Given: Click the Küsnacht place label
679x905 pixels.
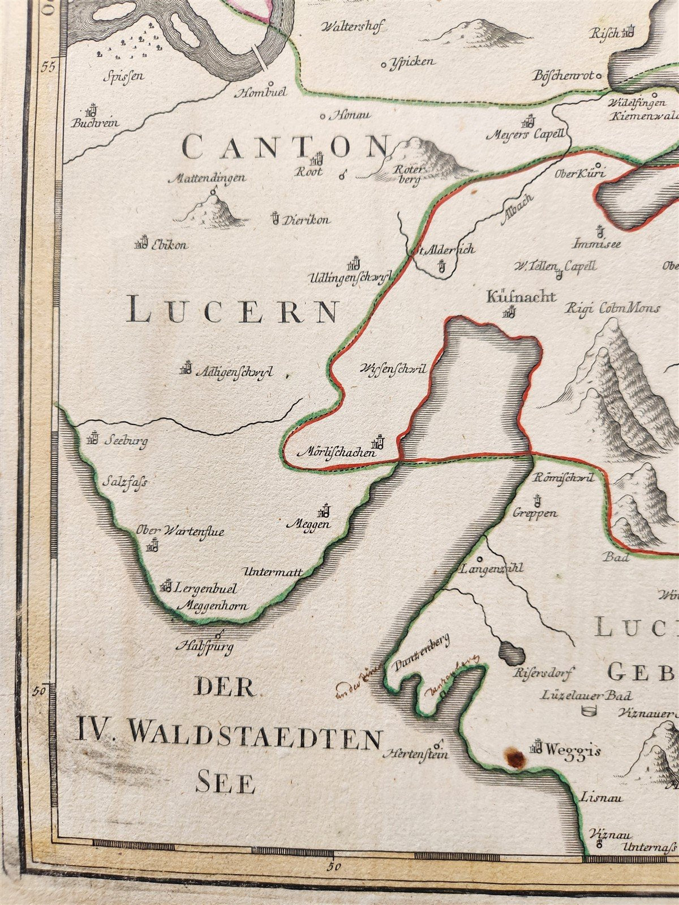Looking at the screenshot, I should [x=513, y=297].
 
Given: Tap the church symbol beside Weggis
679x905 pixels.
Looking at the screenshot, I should [x=535, y=748].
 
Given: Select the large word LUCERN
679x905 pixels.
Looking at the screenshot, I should [x=233, y=311].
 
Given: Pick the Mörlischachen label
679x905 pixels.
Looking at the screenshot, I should [x=337, y=453].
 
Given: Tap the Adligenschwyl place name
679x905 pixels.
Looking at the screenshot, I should [x=235, y=373].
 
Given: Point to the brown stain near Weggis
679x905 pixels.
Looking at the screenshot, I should [x=514, y=757].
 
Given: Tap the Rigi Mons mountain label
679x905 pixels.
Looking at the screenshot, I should [x=613, y=309].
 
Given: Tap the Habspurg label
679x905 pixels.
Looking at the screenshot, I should [x=204, y=646].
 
